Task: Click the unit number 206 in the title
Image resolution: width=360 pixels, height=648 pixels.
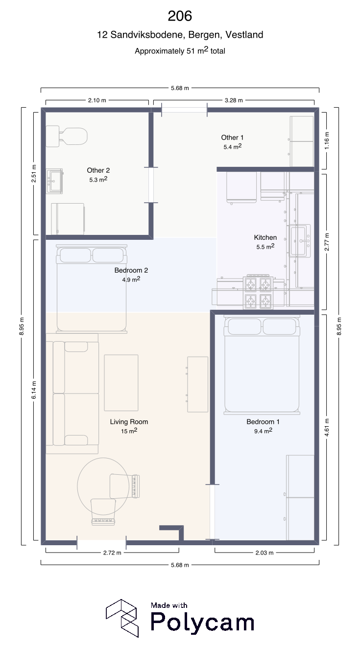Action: click(x=180, y=16)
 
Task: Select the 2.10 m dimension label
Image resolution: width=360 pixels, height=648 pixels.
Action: click(x=97, y=100)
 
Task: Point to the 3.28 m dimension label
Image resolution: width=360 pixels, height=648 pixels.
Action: click(x=234, y=100)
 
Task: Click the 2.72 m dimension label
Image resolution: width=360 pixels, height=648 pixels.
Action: click(x=112, y=553)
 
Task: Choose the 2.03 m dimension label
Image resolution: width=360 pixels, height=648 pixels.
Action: click(x=264, y=553)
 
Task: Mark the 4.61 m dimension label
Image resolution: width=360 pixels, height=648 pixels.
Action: click(x=327, y=427)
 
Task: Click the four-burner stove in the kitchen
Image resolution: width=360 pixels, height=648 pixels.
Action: click(x=258, y=292)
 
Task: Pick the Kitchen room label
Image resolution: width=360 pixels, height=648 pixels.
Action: click(x=265, y=237)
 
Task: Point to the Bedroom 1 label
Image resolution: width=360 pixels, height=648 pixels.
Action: click(x=263, y=422)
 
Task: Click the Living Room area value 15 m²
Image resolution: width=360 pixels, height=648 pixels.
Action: click(x=129, y=431)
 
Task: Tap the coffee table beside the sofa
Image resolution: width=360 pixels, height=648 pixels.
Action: click(x=121, y=383)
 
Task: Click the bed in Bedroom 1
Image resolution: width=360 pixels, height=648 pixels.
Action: click(x=262, y=365)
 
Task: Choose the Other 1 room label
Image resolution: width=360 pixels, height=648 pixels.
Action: click(x=232, y=138)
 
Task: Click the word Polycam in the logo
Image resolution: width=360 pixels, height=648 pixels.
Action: click(x=202, y=623)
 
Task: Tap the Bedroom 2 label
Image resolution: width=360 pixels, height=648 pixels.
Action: click(x=131, y=270)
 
